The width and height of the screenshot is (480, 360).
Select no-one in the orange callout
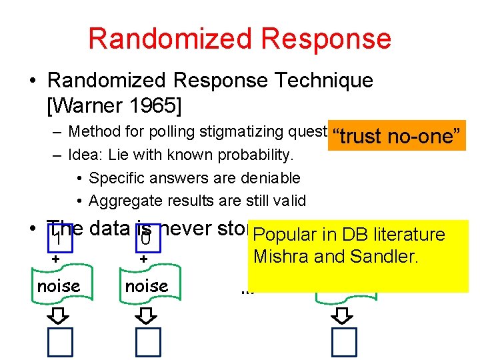[425, 136]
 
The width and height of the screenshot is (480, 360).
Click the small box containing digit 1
[58, 237]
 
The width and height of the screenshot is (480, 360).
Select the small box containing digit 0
[145, 237]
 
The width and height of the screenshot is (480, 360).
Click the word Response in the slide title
[325, 39]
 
